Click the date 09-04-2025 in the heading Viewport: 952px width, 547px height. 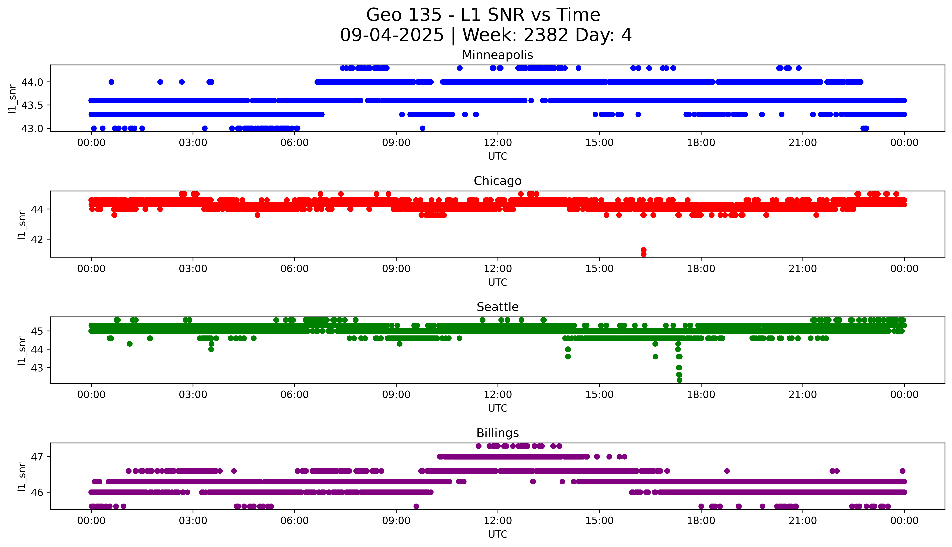(392, 35)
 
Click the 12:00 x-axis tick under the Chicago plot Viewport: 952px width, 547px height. (498, 269)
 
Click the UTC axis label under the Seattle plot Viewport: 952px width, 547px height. (498, 408)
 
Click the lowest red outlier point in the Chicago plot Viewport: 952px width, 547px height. (643, 254)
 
